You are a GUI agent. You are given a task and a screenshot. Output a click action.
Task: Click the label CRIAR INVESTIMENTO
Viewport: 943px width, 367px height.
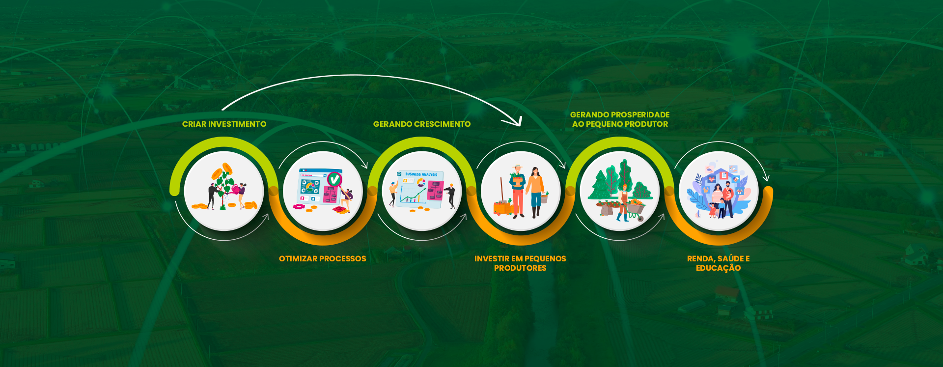click(x=224, y=124)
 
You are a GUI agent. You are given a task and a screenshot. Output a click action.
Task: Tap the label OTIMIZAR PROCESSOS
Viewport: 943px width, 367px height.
click(x=322, y=259)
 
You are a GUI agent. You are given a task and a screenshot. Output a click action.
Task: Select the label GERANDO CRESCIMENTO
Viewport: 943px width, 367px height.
click(x=421, y=124)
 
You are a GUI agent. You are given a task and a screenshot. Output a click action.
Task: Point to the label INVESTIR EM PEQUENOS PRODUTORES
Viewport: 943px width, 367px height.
click(x=520, y=263)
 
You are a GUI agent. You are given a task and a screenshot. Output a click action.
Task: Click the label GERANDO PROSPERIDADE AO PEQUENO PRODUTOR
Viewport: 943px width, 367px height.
click(x=620, y=119)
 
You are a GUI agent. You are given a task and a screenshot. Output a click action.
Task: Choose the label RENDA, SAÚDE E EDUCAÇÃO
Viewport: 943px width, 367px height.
click(x=718, y=263)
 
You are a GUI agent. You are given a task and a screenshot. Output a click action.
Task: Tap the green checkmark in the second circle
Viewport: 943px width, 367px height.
click(x=334, y=179)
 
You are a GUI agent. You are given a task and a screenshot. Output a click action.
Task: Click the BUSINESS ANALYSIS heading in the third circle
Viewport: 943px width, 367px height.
click(x=421, y=174)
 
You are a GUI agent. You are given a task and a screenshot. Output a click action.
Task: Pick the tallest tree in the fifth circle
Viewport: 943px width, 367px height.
click(x=625, y=177)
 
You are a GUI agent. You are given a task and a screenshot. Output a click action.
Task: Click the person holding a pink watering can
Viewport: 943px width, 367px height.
click(x=242, y=194)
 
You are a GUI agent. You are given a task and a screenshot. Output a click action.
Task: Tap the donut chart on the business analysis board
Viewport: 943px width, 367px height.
click(x=421, y=183)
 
